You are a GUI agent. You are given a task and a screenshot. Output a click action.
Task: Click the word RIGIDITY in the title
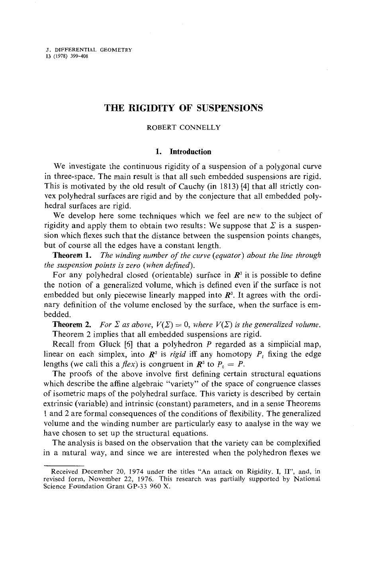click(x=150, y=108)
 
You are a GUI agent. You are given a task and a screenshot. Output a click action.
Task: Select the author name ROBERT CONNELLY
click(x=184, y=128)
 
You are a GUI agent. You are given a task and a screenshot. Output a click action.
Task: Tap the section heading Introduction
click(x=190, y=151)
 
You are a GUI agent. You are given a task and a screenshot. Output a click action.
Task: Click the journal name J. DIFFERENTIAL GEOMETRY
click(x=89, y=50)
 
